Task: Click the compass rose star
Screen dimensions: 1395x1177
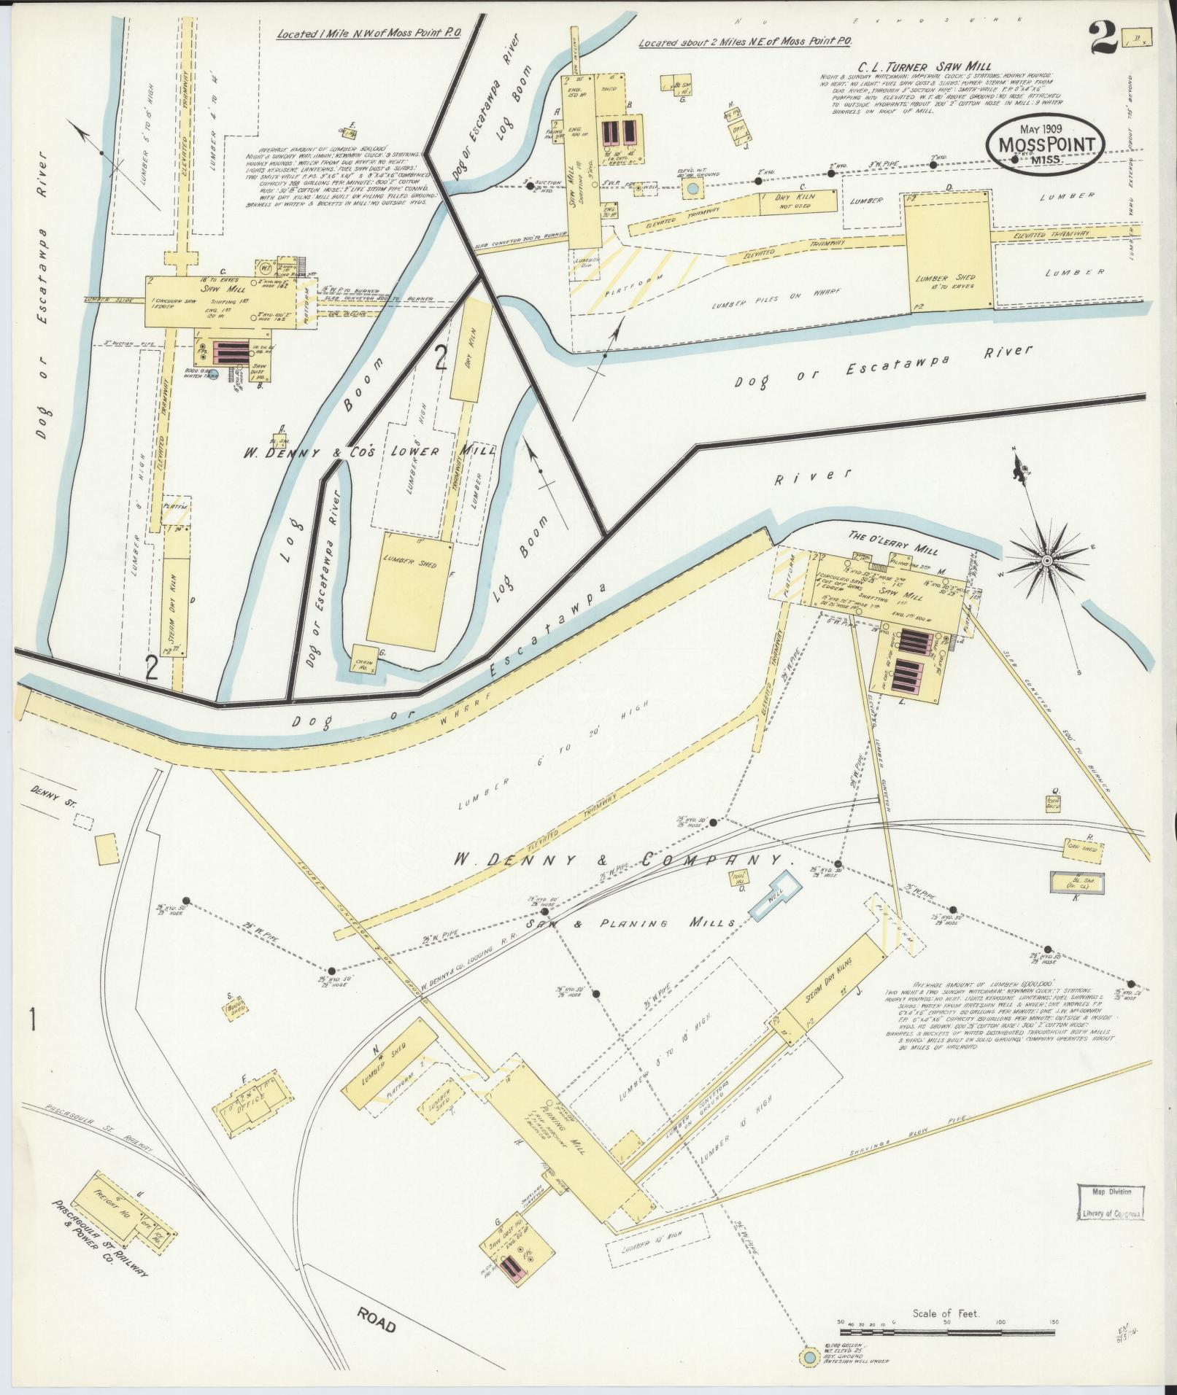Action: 1047,560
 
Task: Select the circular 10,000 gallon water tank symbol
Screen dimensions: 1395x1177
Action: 808,1357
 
